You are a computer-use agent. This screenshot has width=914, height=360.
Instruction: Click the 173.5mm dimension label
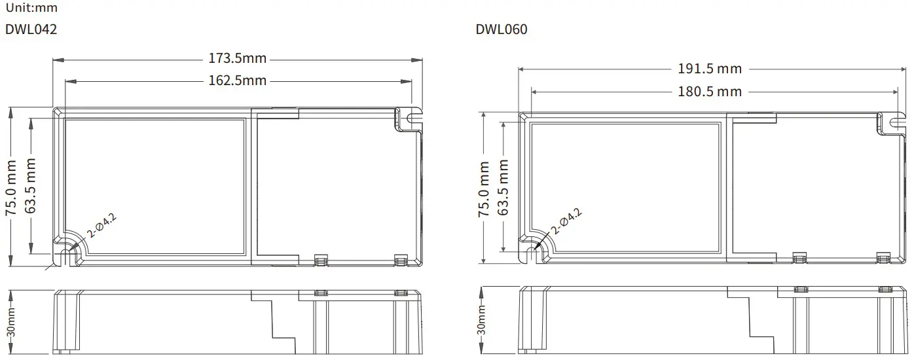[238, 58]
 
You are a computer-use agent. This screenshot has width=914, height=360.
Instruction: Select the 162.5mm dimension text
[238, 81]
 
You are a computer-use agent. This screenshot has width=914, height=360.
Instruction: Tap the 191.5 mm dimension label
[710, 69]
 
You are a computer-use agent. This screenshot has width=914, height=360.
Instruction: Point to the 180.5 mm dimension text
[710, 92]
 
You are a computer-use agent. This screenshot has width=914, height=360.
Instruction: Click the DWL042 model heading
[31, 29]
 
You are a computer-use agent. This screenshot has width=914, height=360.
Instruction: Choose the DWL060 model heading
[501, 29]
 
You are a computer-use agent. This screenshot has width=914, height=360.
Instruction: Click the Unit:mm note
[31, 8]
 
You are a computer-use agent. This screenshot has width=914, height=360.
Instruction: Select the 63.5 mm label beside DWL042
[31, 186]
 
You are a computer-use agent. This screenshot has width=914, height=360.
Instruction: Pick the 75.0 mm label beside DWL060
[484, 189]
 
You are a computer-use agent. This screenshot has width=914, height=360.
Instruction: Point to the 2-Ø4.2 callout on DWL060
[566, 221]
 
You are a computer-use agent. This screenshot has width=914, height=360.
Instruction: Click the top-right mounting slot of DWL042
[412, 118]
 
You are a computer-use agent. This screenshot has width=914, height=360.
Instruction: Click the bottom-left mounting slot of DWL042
[64, 253]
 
